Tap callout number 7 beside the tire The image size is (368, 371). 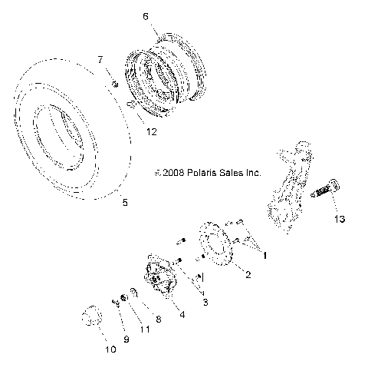(100, 59)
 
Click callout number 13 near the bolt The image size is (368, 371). (339, 219)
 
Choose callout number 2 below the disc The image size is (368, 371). (247, 273)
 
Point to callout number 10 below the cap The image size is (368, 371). (109, 350)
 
